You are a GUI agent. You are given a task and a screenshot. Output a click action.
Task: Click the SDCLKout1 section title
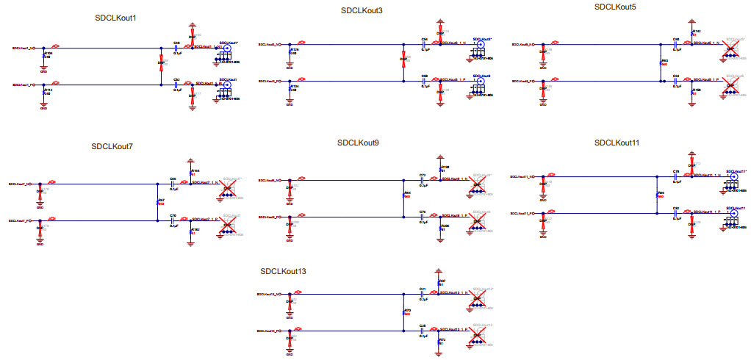pos(116,18)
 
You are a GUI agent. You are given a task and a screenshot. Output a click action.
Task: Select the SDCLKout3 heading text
pos(362,11)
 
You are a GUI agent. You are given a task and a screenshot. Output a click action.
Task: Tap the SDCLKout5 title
pos(615,7)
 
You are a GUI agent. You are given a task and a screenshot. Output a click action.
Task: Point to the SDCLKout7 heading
pos(112,146)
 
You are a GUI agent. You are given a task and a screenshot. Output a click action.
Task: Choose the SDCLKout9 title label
pos(358,143)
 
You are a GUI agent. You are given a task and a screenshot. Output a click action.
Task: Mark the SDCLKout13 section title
pos(283,272)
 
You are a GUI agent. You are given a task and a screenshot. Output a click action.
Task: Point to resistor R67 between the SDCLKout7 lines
pos(158,201)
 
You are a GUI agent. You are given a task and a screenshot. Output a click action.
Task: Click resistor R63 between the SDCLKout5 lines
pos(661,62)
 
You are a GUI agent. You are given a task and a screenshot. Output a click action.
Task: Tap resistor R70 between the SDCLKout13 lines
pos(404,312)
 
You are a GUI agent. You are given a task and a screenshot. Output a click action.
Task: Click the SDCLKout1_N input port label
pos(23,48)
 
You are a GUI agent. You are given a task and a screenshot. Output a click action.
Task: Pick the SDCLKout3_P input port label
pos(267,81)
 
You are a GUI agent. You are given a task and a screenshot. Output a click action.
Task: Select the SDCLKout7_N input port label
pos(19,184)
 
